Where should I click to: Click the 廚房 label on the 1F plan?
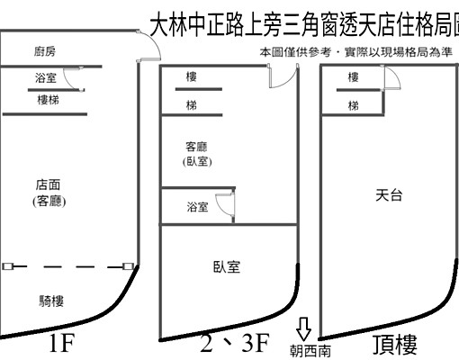coord(45,52)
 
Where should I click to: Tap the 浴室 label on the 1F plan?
coord(45,78)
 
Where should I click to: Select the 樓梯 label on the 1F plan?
coord(49,101)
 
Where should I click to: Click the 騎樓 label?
coord(50,301)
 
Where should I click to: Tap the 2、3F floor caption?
coord(235,345)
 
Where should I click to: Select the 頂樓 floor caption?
coord(395,345)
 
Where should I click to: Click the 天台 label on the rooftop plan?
coord(388,193)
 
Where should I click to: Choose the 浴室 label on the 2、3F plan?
coord(197,207)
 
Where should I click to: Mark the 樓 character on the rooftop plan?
coord(354,77)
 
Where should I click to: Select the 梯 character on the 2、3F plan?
coord(191,104)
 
